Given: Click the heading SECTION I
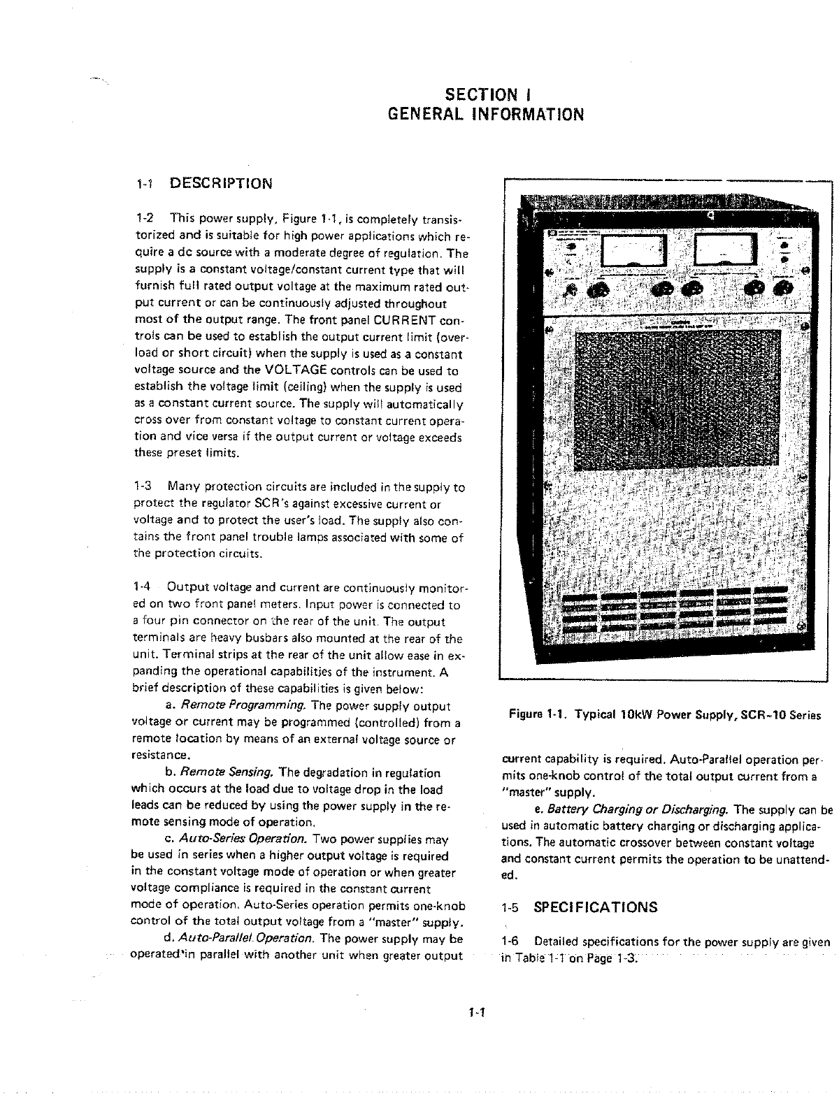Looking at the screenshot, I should [x=491, y=94].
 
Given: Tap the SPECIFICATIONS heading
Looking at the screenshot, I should [x=596, y=908].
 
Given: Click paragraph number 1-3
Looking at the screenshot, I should [x=143, y=486].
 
